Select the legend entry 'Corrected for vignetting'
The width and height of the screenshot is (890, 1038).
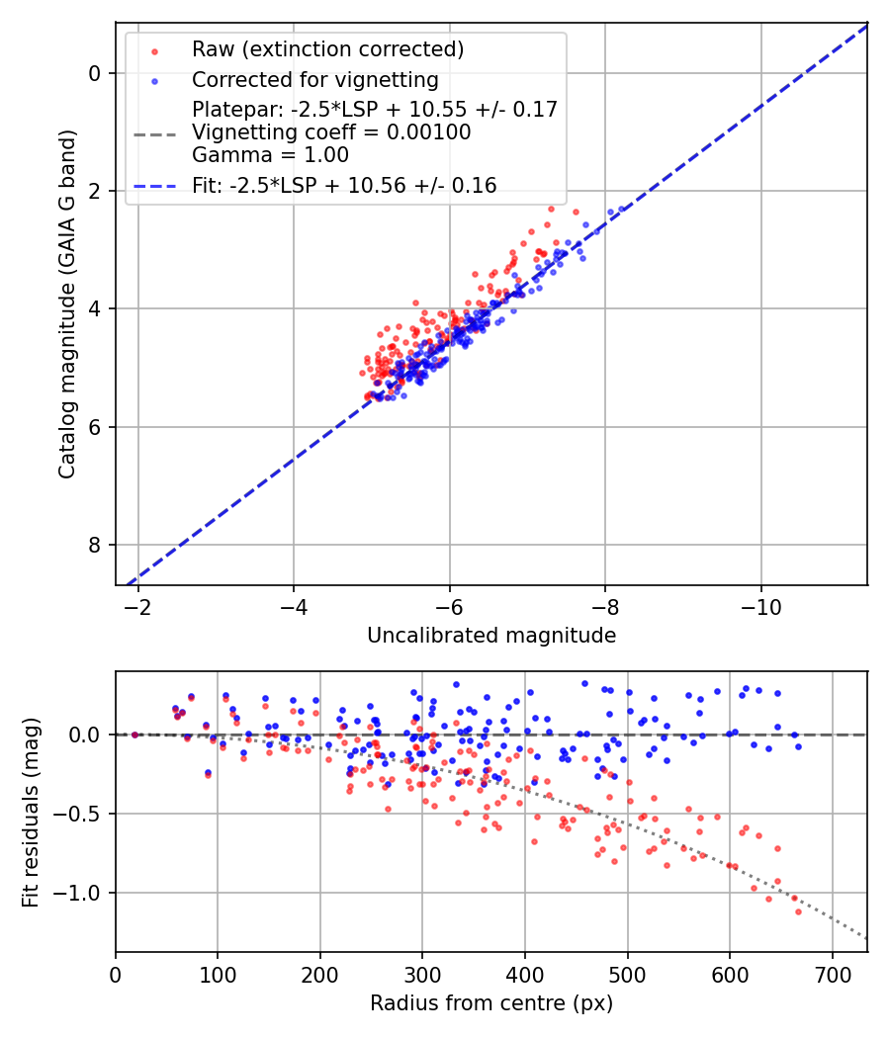pos(314,79)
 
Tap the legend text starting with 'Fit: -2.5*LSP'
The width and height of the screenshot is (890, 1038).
pos(344,185)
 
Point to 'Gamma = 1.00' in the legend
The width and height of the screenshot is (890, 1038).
pos(270,154)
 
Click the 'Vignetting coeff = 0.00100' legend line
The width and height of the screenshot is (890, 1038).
pos(331,131)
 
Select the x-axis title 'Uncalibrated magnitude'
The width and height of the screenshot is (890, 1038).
pos(491,636)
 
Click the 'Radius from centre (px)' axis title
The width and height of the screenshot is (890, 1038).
pos(491,1003)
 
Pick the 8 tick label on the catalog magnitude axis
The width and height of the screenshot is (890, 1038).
pos(94,545)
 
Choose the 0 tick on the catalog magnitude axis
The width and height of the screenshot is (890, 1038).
pos(94,73)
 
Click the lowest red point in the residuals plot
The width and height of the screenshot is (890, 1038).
pos(798,911)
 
